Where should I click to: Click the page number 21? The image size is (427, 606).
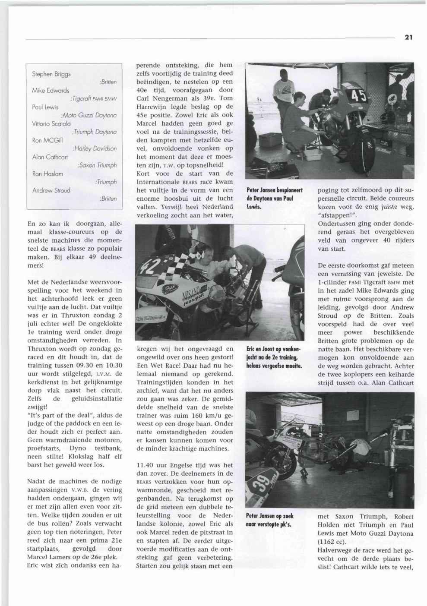(409, 38)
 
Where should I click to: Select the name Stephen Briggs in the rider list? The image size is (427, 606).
(51, 74)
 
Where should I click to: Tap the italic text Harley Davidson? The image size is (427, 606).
(95, 148)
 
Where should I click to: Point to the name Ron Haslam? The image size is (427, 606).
(47, 174)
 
